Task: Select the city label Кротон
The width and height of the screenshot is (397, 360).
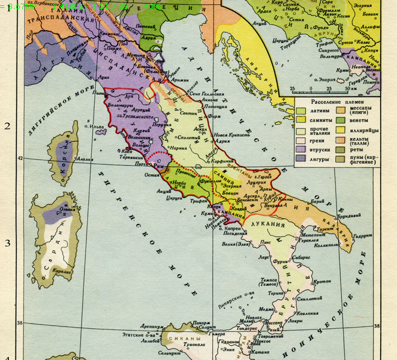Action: [323, 282]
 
